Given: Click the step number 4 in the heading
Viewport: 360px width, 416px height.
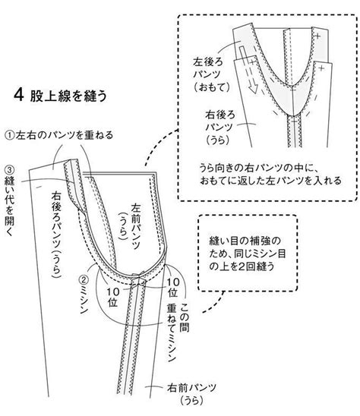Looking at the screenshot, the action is pyautogui.click(x=18, y=95).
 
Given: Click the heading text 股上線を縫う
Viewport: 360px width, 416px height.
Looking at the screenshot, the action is pyautogui.click(x=68, y=96).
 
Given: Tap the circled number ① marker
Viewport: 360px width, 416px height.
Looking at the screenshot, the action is pyautogui.click(x=10, y=136).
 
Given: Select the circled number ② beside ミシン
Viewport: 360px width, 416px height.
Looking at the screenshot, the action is pyautogui.click(x=84, y=280).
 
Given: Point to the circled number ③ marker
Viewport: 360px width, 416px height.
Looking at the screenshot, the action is pyautogui.click(x=10, y=170).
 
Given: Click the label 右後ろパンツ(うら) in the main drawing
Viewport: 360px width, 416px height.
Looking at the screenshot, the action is pyautogui.click(x=56, y=234).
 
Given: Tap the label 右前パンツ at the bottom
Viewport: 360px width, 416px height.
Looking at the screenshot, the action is pyautogui.click(x=191, y=388).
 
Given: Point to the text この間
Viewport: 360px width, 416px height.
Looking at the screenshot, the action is pyautogui.click(x=185, y=317).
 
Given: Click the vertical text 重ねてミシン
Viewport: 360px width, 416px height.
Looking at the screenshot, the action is pyautogui.click(x=172, y=332).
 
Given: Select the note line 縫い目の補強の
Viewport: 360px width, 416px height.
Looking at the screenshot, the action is pyautogui.click(x=245, y=241).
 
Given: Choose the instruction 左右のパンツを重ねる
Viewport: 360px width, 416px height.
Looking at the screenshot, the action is pyautogui.click(x=65, y=135).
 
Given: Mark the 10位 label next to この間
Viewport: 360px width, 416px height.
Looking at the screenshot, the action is pyautogui.click(x=173, y=287).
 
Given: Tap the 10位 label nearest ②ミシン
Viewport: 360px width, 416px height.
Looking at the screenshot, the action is pyautogui.click(x=113, y=297).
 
